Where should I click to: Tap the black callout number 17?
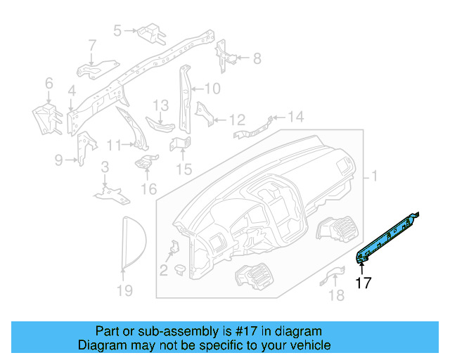pos(363,283)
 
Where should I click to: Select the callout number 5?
pos(117,31)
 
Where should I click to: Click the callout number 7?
pos(92,46)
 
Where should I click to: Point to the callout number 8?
pos(257,58)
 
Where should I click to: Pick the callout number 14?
pos(296,117)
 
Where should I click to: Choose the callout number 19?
pos(125,290)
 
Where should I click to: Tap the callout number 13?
pos(160,105)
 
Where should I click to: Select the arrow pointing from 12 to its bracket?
pos(221,120)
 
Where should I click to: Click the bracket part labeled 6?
pos(47,120)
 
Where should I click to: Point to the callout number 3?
pos(105,167)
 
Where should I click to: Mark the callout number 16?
pos(149,189)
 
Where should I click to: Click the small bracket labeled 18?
pos(333,277)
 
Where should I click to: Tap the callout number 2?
pos(163,270)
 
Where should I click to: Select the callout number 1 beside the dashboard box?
pos(374,176)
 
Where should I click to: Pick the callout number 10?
pos(212,89)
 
